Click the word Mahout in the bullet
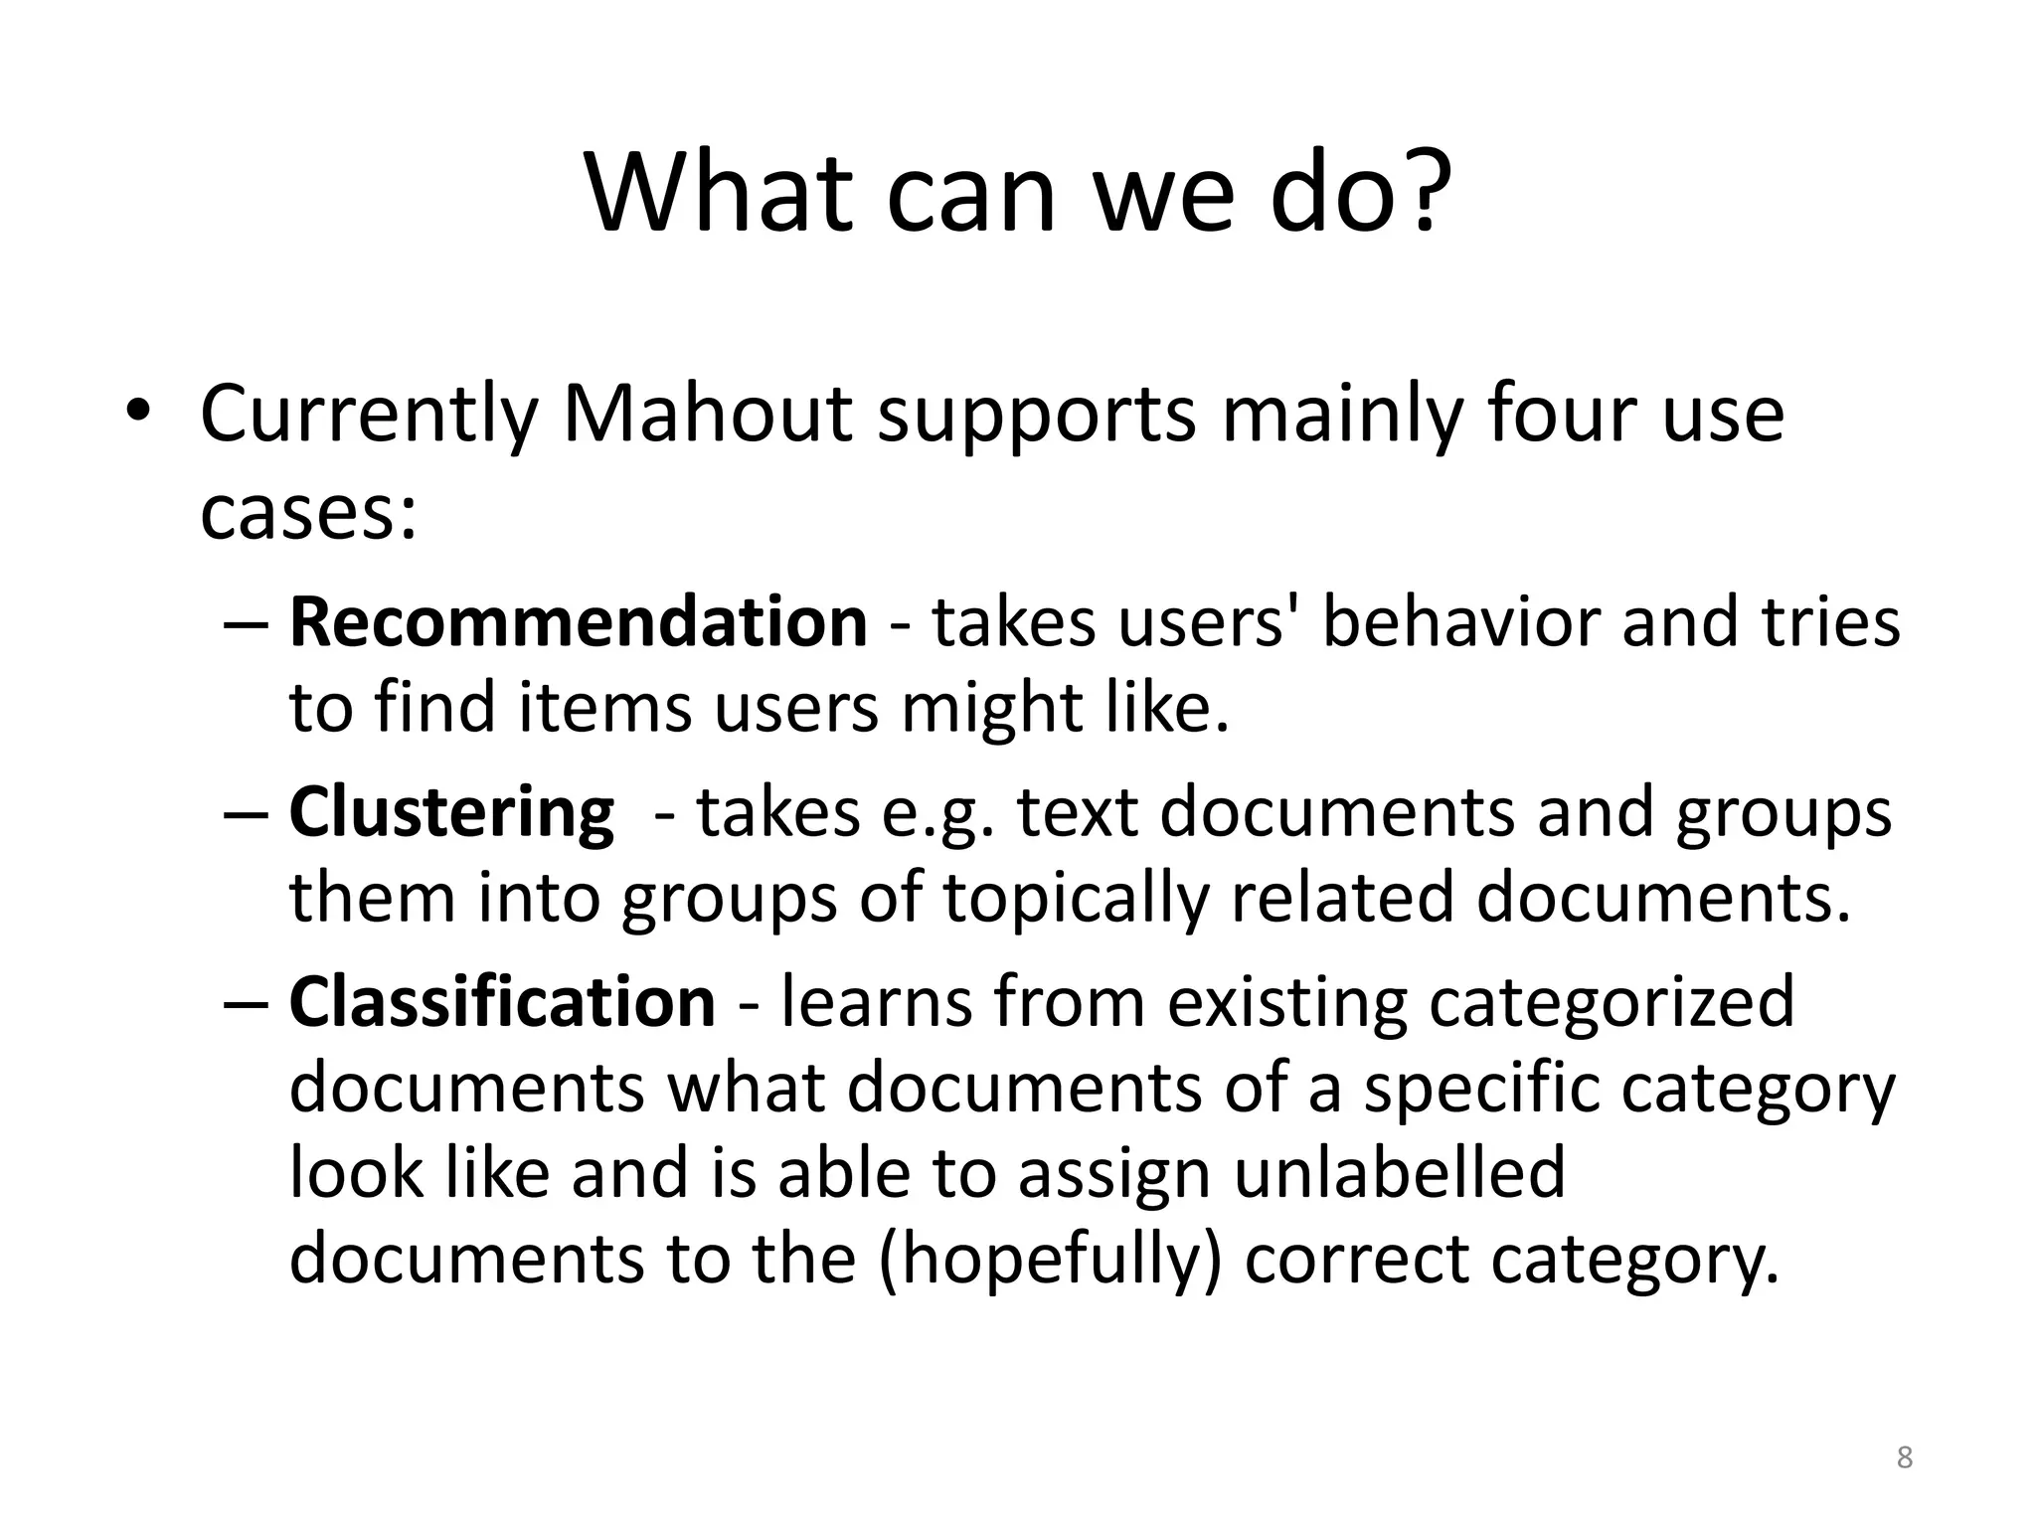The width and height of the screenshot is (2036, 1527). click(707, 414)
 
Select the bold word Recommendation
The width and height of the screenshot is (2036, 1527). click(578, 622)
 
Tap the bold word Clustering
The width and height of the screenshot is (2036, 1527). click(451, 813)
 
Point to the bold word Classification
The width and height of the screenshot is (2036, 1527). click(502, 1002)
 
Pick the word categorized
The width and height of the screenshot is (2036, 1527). click(1612, 1002)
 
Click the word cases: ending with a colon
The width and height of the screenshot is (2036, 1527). click(308, 515)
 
